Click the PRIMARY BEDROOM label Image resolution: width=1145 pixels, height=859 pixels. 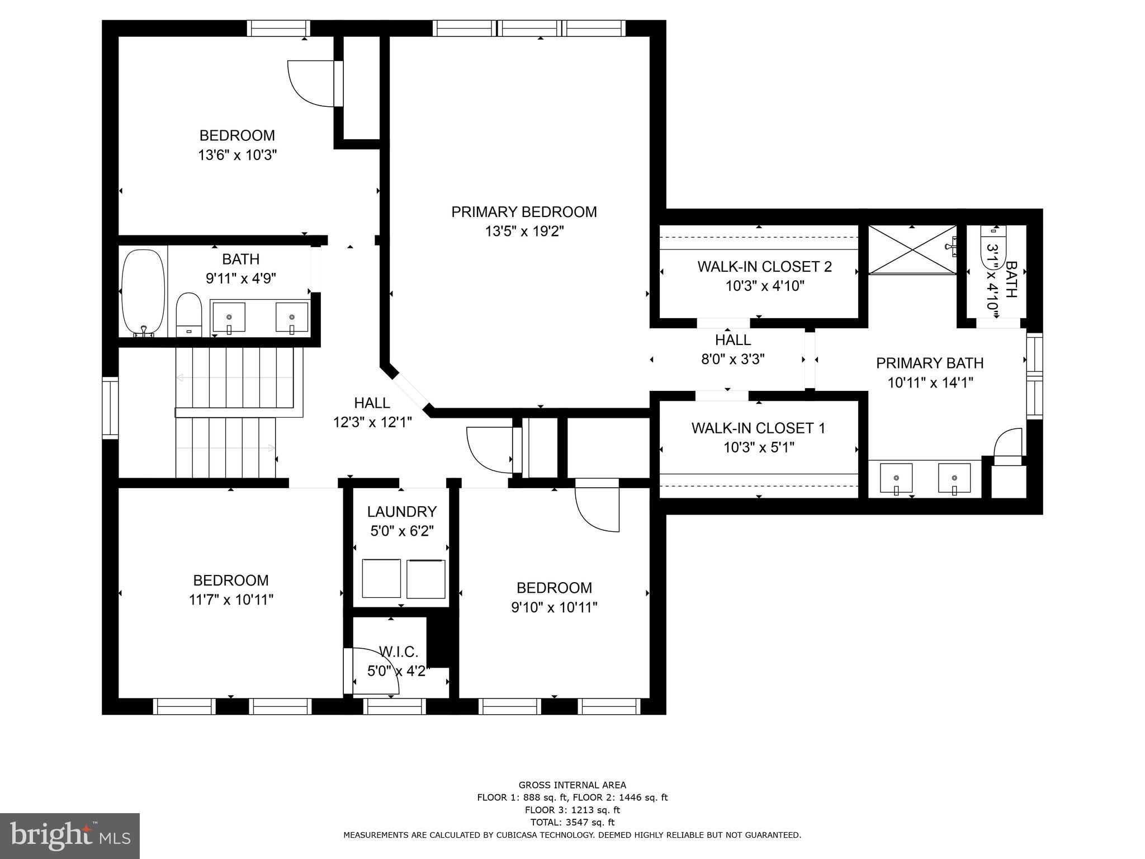tap(524, 212)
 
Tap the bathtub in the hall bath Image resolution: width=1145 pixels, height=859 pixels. tap(144, 292)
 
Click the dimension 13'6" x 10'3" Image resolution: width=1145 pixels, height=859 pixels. tap(238, 155)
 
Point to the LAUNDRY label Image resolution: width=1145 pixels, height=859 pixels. tap(401, 512)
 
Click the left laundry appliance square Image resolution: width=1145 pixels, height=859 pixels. tap(381, 578)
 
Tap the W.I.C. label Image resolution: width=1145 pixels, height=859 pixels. tap(399, 652)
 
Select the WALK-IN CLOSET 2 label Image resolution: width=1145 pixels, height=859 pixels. tap(764, 267)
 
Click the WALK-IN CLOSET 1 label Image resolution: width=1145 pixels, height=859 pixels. tap(758, 428)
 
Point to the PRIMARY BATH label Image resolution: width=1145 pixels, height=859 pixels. tap(929, 364)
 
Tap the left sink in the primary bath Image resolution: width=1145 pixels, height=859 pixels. tap(896, 479)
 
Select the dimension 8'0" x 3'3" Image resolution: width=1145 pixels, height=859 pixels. tap(733, 359)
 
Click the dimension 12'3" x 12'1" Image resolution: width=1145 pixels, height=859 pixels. tap(372, 422)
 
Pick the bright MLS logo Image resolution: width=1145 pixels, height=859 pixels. tap(70, 836)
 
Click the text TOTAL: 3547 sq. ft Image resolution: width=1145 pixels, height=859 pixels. tap(572, 822)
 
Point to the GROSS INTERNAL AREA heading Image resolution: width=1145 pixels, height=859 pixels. tap(572, 785)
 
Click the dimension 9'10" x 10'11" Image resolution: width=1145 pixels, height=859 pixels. tap(554, 607)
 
